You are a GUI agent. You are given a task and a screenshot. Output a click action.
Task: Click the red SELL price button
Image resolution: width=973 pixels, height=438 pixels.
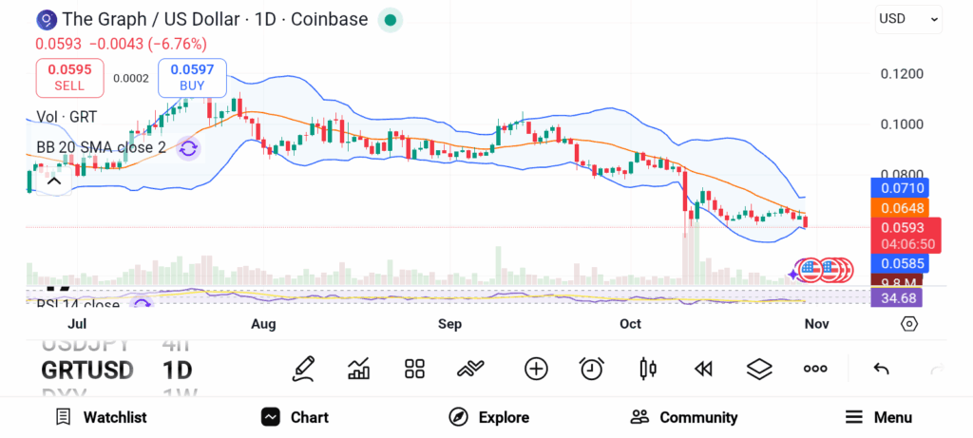(69, 77)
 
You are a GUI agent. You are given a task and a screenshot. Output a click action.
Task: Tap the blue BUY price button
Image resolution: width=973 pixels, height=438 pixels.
(192, 77)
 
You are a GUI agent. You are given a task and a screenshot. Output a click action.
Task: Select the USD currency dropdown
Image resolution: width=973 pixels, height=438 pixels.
(908, 18)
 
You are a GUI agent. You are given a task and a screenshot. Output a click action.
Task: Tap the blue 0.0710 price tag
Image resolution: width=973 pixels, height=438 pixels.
(899, 188)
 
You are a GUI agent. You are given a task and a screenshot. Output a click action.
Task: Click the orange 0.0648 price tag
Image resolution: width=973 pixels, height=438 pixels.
(899, 207)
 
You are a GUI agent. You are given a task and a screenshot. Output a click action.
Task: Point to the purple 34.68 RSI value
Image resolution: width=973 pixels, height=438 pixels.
(899, 298)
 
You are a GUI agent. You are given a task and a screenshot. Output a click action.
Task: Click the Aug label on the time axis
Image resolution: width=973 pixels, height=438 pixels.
(263, 324)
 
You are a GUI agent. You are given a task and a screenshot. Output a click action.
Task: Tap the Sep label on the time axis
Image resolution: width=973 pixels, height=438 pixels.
(449, 324)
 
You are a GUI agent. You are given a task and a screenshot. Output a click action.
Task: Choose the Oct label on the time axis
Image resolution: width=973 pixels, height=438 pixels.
(630, 324)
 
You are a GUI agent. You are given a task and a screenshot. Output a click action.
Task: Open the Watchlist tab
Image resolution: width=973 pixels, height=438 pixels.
(101, 417)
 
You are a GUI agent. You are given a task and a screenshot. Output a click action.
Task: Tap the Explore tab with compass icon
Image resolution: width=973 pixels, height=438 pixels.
(488, 417)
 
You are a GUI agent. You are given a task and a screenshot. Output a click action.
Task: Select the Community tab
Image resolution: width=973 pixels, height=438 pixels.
(684, 417)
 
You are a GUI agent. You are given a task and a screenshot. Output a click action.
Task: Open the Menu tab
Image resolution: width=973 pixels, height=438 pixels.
(878, 417)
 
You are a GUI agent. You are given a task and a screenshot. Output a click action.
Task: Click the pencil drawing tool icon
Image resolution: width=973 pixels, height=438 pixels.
(304, 369)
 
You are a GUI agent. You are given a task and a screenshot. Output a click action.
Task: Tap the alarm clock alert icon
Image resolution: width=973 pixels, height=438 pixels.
(591, 369)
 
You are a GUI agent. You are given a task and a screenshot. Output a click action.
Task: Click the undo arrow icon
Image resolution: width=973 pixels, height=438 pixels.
(881, 369)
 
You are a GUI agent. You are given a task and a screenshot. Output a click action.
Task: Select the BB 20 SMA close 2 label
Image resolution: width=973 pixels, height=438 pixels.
(101, 147)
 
